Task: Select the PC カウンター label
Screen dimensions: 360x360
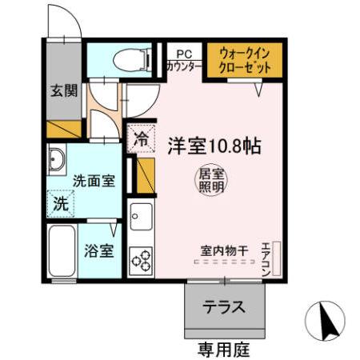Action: (183, 59)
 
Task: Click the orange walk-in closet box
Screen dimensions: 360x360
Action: (246, 60)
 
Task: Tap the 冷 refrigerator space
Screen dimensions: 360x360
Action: (141, 137)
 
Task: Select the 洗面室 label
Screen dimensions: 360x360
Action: (94, 181)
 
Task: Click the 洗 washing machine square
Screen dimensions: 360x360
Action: (62, 203)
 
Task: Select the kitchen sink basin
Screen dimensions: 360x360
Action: (141, 216)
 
